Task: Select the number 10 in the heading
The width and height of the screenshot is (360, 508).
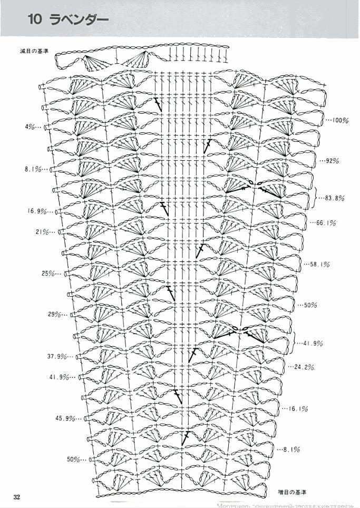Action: click(x=36, y=20)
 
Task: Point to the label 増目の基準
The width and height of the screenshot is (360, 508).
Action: click(x=292, y=492)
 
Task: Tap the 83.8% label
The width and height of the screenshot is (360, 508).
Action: click(x=335, y=198)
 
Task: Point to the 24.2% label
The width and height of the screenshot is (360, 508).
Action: click(x=305, y=367)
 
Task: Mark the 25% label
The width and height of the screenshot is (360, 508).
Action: click(x=48, y=273)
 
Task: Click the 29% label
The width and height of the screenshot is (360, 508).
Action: click(x=55, y=315)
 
